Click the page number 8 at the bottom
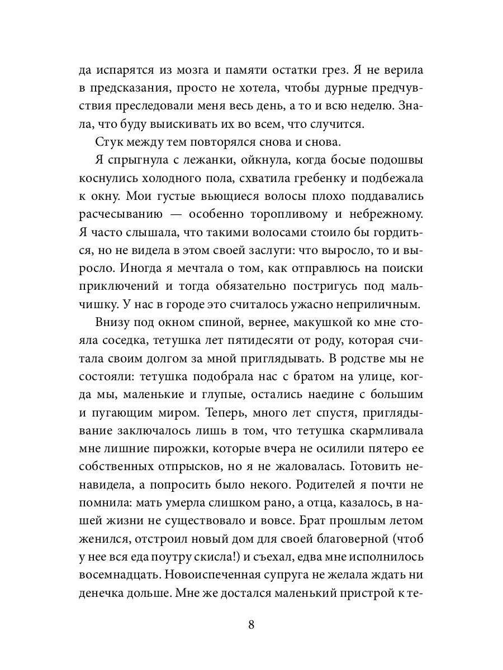click(251, 624)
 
